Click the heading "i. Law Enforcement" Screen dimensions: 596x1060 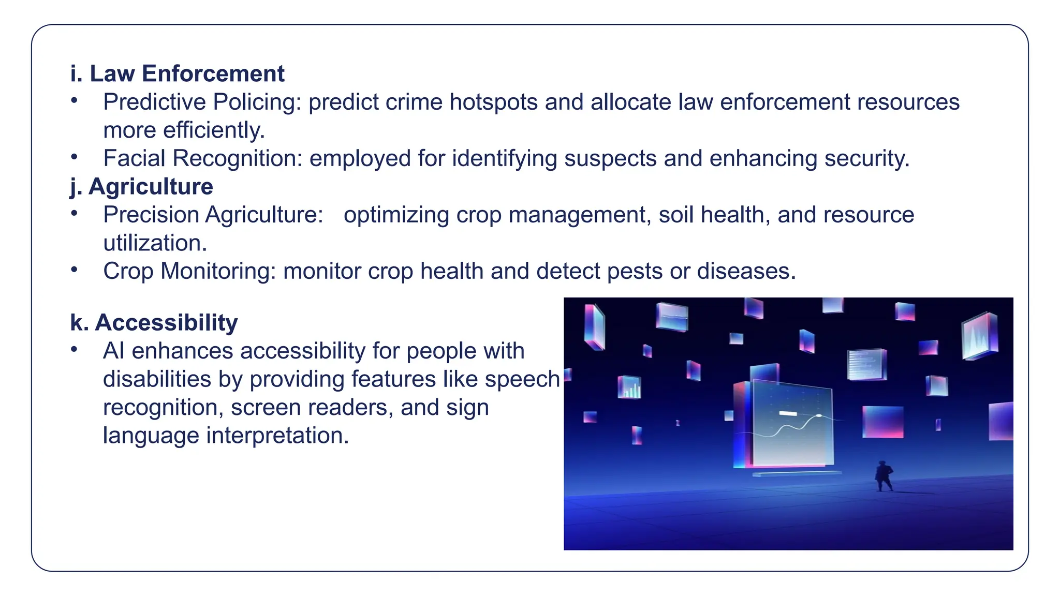[177, 73]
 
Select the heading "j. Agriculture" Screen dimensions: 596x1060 [141, 186]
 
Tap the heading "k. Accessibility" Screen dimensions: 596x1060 [154, 322]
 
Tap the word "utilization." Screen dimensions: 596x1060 [155, 243]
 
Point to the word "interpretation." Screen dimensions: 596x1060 [277, 436]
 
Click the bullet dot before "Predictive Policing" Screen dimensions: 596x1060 [75, 100]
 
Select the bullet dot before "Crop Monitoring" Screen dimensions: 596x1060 [75, 270]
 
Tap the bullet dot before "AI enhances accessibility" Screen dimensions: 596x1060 [75, 349]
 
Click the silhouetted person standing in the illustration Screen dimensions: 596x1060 [883, 476]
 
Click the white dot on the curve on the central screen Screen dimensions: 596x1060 [819, 415]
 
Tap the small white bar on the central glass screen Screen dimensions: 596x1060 [788, 413]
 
